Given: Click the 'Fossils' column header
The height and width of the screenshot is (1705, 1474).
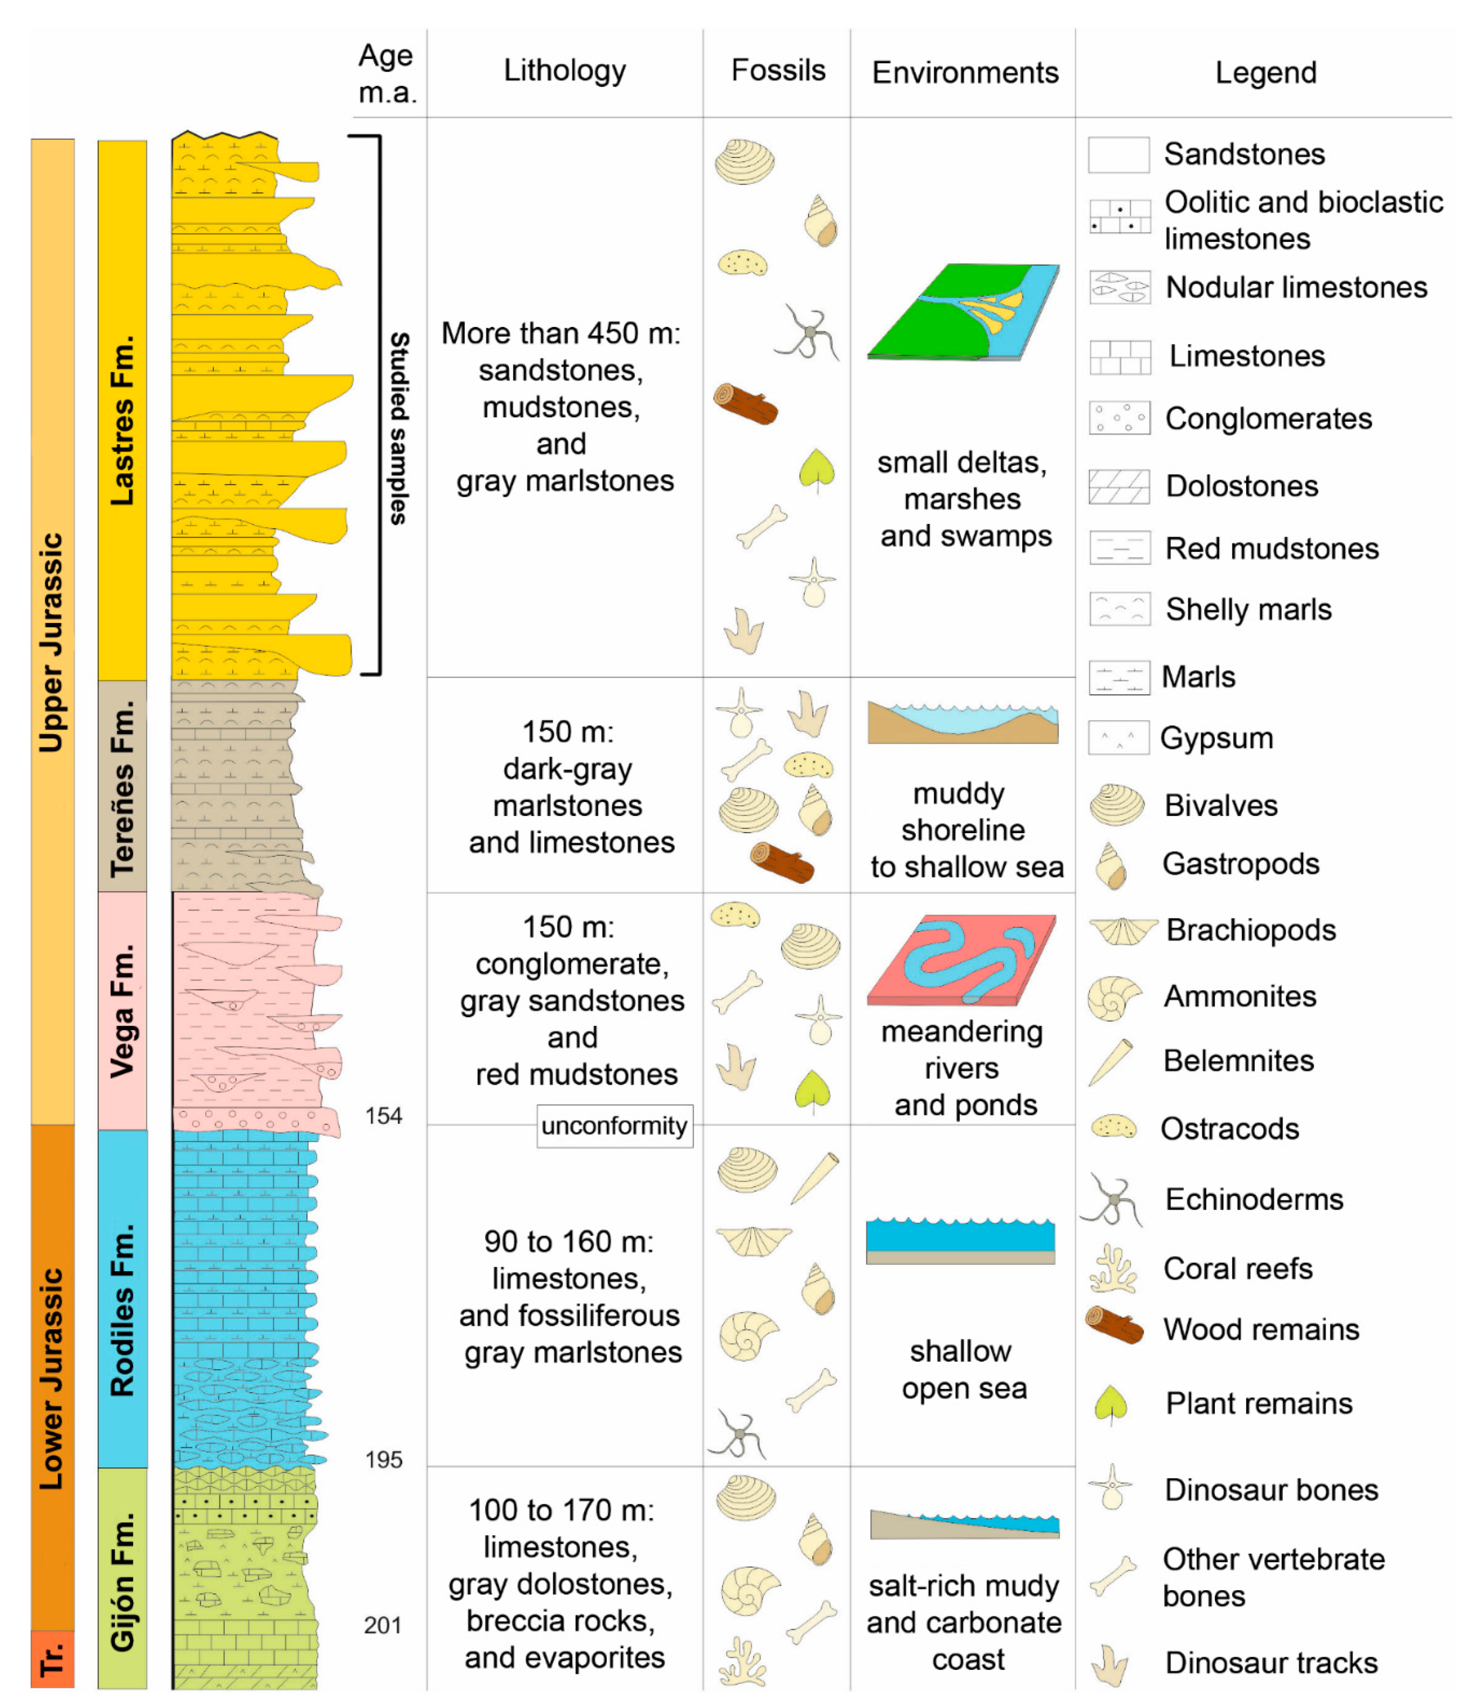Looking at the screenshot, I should [778, 71].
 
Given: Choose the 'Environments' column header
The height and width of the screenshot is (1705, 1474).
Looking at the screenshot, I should [964, 73].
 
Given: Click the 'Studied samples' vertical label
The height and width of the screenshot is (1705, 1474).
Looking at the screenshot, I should [399, 428].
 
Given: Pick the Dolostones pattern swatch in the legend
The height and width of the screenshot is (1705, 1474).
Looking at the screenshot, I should [1118, 486].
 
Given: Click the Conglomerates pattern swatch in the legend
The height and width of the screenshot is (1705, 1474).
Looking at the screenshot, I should [1118, 418].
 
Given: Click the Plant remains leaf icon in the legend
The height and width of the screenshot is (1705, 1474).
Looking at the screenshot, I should [1110, 1405].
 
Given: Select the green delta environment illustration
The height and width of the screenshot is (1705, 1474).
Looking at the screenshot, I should [963, 313].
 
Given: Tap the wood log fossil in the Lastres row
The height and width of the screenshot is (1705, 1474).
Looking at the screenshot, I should [745, 404].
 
